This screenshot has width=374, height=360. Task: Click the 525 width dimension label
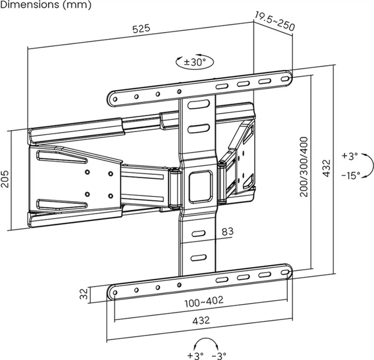(x=141, y=29)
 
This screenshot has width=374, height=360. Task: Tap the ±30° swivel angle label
(x=195, y=62)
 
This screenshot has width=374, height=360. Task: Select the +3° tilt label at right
(x=350, y=155)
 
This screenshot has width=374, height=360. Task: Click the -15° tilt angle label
(x=351, y=175)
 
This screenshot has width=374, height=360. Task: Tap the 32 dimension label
(x=83, y=294)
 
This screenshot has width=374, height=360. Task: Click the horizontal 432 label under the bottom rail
(x=199, y=321)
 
